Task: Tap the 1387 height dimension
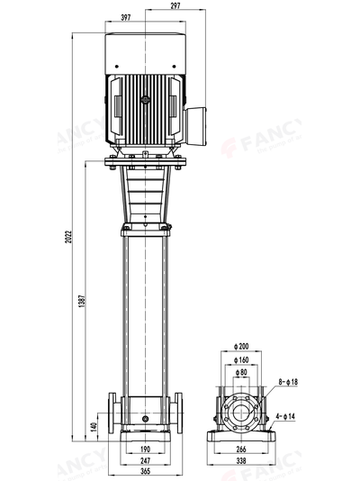pyautogui.click(x=83, y=303)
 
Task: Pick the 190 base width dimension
pyautogui.click(x=146, y=447)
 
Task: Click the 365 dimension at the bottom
pyautogui.click(x=145, y=470)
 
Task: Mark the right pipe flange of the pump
pyautogui.click(x=178, y=415)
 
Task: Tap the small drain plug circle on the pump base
pyautogui.click(x=145, y=418)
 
